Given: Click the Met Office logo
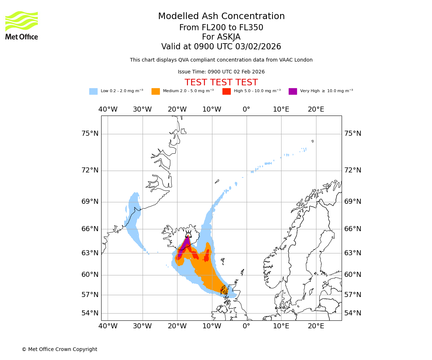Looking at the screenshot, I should (x=22, y=25).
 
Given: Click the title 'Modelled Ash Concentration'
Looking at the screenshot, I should (x=221, y=17).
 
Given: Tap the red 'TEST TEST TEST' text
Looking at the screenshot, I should (x=221, y=82).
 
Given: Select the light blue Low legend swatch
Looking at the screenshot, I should (x=93, y=91).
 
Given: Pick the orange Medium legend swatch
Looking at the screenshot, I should (x=156, y=91).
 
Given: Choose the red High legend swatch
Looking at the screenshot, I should (x=226, y=91).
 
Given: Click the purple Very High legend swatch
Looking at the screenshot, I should (x=293, y=91).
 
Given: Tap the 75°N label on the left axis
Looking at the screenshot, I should (x=90, y=134).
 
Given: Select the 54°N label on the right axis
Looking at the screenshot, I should (x=353, y=313).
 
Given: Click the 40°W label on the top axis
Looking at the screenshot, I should (x=108, y=109).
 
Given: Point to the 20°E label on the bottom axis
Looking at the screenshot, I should (x=316, y=326).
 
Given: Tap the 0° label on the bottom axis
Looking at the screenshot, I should (x=246, y=326).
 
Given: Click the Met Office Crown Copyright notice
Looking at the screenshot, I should (x=59, y=349).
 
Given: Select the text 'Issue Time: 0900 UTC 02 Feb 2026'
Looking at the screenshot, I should (x=221, y=72).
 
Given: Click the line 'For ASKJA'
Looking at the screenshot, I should (x=221, y=37).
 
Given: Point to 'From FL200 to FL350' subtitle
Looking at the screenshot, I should (x=221, y=28).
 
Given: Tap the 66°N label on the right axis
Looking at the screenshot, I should (x=353, y=229).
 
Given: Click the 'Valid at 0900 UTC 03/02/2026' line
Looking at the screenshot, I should (x=221, y=47).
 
